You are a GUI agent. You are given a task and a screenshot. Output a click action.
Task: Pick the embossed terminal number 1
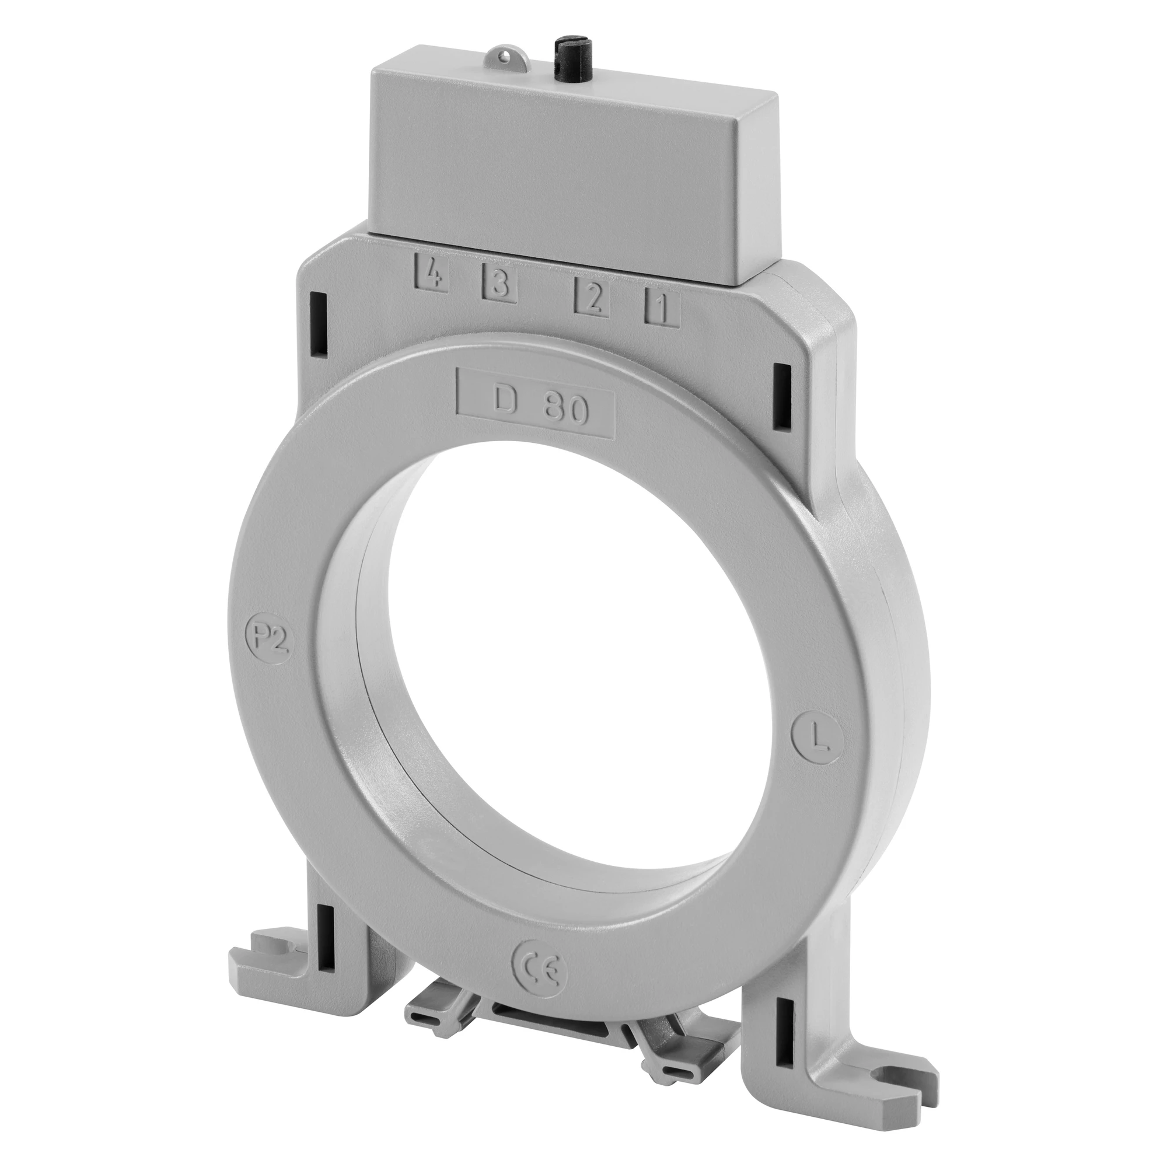click(x=662, y=308)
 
